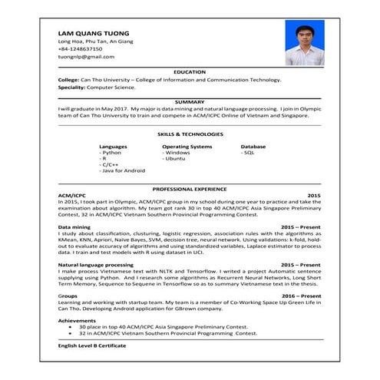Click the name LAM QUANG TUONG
coord(91,33)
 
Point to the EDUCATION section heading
coord(190,71)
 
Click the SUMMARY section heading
coord(190,101)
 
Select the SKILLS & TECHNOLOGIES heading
coord(190,134)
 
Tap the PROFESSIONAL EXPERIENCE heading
coord(190,188)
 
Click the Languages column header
coord(114,146)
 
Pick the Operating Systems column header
coord(187,146)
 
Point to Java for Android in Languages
coord(122,170)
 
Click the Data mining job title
coord(74,228)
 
